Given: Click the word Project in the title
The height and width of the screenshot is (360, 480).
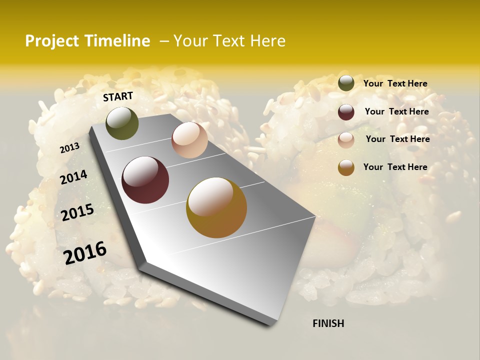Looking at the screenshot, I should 52,41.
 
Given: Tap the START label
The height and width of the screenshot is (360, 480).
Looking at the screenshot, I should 118,96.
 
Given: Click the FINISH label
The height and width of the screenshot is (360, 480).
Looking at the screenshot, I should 328,323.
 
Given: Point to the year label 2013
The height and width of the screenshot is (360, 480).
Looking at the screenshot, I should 69,147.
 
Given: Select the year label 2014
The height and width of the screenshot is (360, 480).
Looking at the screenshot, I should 73,177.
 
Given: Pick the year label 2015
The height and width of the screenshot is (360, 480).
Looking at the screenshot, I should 77,212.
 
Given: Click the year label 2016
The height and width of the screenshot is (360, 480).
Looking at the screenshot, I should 85,252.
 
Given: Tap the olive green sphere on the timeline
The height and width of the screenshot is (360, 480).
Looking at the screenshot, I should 122,123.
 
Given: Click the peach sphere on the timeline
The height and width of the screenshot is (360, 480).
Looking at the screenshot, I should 189,140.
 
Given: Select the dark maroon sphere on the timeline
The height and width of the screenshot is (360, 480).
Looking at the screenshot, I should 145,180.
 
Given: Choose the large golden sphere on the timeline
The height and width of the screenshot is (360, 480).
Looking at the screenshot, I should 216,207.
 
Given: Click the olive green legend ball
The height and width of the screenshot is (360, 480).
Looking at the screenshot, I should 346,83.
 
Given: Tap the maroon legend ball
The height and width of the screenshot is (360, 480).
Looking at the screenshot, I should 346,112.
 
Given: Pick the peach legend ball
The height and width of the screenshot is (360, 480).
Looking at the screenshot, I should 346,140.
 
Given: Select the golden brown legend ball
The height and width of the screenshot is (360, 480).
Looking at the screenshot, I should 346,167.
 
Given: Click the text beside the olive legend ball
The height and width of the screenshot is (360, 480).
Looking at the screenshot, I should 395,83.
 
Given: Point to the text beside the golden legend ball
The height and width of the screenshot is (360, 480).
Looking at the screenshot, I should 395,167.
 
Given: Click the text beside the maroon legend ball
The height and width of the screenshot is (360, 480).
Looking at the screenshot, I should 396,111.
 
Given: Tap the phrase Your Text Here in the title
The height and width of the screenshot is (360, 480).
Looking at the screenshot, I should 229,41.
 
